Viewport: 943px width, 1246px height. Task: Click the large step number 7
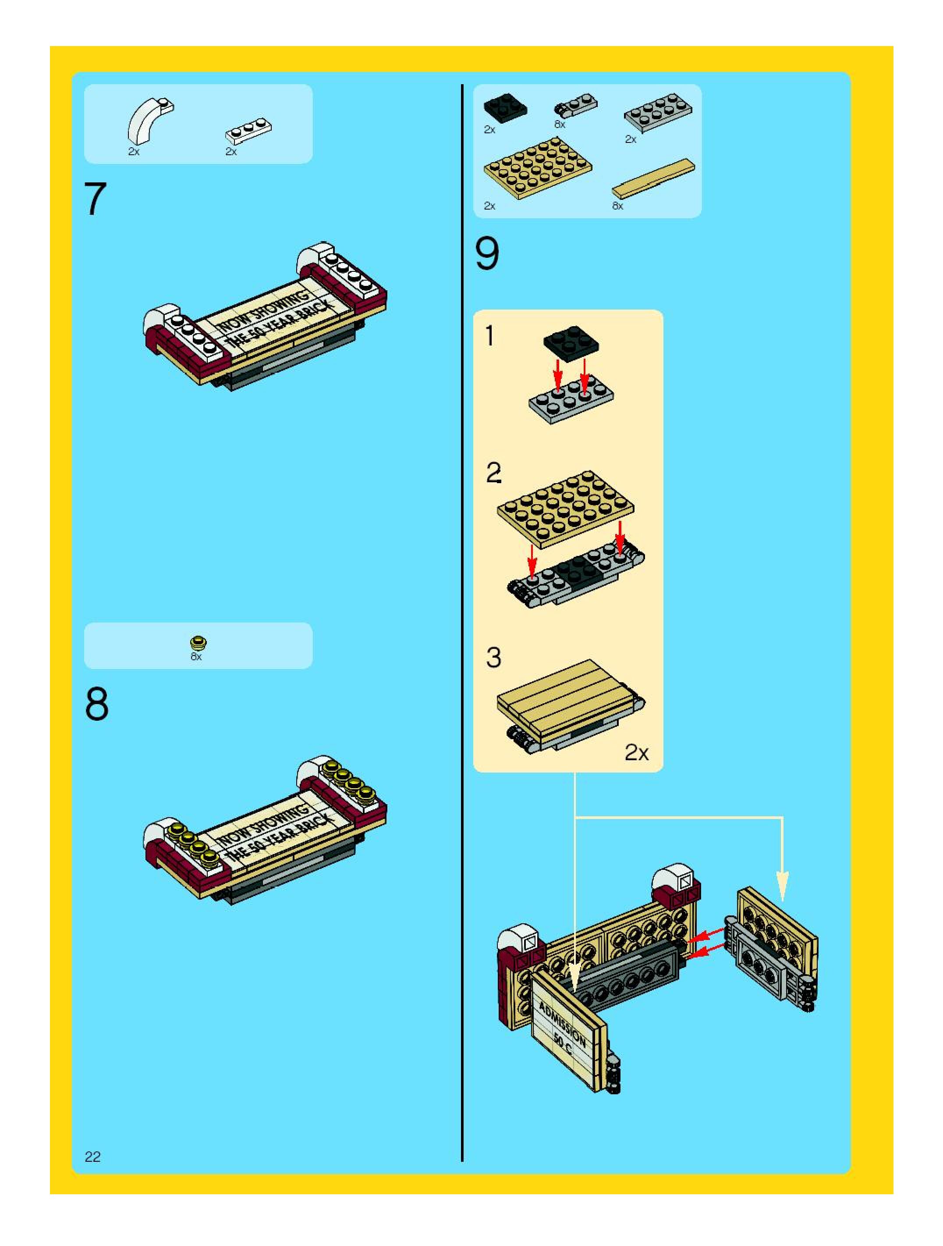pyautogui.click(x=95, y=199)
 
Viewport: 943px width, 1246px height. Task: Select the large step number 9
pyautogui.click(x=487, y=253)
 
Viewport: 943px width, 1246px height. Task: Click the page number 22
pyautogui.click(x=92, y=1157)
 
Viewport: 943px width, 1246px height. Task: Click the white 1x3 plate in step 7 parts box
pyautogui.click(x=248, y=131)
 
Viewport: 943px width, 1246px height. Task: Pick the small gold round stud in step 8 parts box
pyautogui.click(x=198, y=643)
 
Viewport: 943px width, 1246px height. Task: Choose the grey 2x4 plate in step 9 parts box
pyautogui.click(x=658, y=113)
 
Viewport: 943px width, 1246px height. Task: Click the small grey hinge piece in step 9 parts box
pyautogui.click(x=576, y=105)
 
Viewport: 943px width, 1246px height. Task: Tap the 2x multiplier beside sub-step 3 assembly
pyautogui.click(x=636, y=753)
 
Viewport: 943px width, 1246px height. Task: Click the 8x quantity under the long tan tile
pyautogui.click(x=617, y=206)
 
